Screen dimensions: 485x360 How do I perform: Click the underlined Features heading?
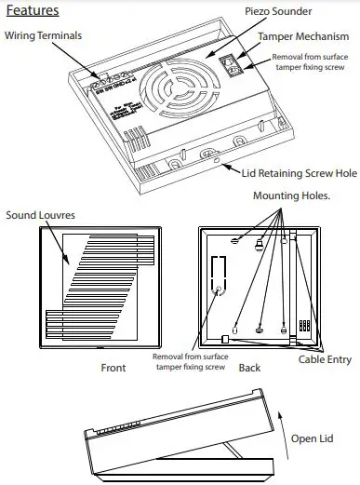pyautogui.click(x=33, y=12)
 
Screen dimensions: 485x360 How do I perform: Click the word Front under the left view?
pyautogui.click(x=113, y=368)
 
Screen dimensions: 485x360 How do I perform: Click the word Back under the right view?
pyautogui.click(x=249, y=368)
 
